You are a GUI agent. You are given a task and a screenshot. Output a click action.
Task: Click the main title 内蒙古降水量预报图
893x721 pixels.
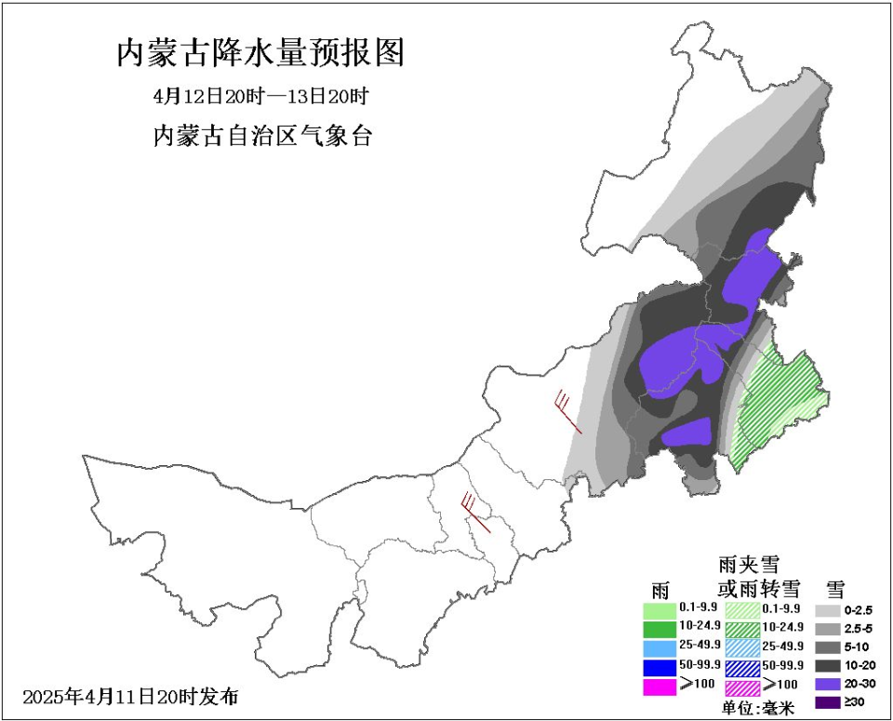(x=261, y=54)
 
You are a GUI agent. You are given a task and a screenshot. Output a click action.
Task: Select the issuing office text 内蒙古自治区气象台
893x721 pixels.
(x=262, y=136)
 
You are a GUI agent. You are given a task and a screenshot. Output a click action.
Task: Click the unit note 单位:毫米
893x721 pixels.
(x=759, y=708)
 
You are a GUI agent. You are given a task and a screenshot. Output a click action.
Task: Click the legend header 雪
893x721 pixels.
(x=835, y=588)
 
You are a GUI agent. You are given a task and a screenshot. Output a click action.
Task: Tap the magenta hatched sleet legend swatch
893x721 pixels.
(x=742, y=687)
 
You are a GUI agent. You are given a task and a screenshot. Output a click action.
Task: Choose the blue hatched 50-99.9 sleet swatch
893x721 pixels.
(x=742, y=667)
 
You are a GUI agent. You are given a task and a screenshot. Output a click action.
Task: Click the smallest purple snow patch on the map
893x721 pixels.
(x=688, y=432)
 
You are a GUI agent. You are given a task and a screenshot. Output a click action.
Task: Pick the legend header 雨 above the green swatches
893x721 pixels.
(x=660, y=590)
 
